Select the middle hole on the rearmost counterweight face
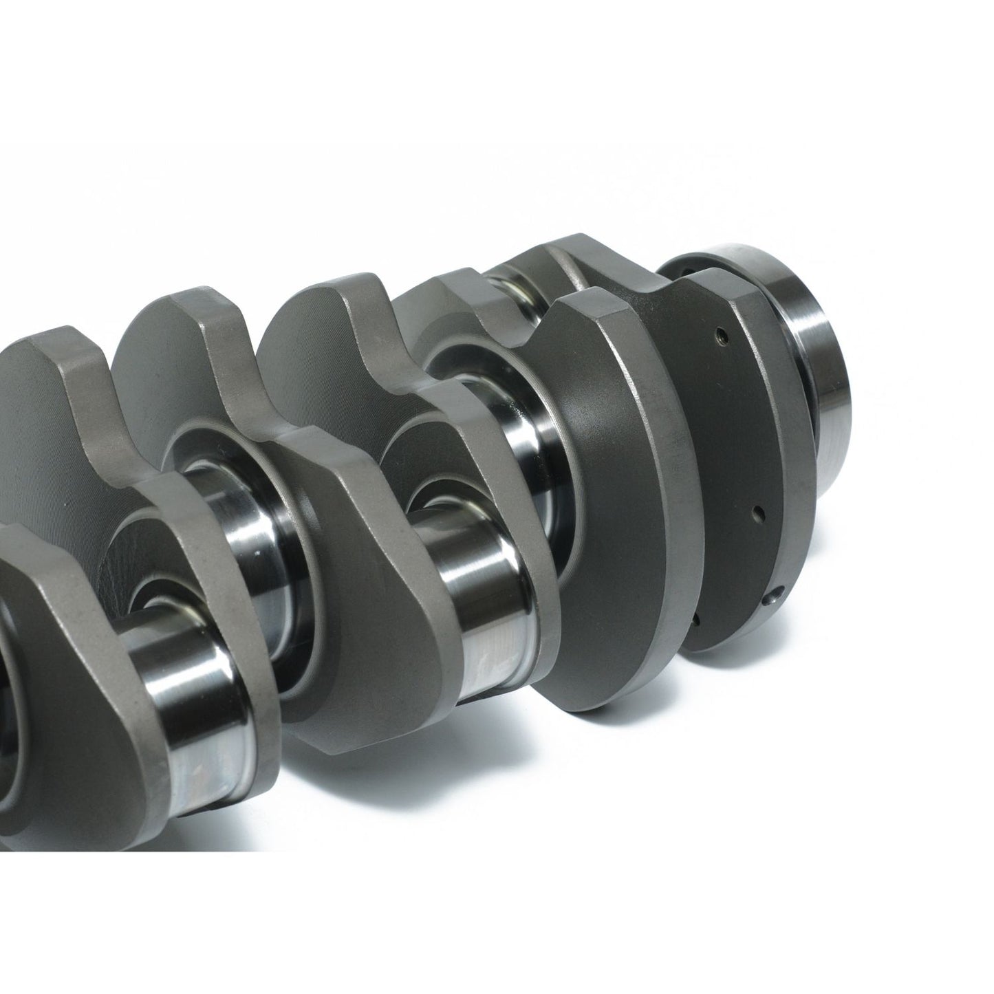(x=756, y=512)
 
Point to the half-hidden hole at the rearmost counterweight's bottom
(x=695, y=620)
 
